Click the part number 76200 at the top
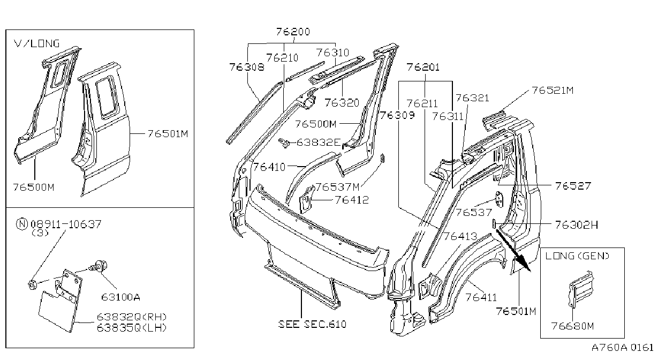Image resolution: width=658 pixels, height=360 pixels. [x=293, y=32]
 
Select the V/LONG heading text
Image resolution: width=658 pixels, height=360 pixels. [x=37, y=43]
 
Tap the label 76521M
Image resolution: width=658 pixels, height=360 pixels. [x=553, y=90]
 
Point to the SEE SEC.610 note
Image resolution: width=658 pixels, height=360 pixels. [x=312, y=324]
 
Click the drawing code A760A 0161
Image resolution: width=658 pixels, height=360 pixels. [x=622, y=348]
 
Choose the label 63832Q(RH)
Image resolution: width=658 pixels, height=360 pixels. [x=132, y=317]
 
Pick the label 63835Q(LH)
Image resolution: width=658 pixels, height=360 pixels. [x=132, y=327]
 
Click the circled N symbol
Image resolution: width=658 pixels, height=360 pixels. [x=22, y=224]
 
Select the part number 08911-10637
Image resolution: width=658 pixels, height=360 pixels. [x=66, y=224]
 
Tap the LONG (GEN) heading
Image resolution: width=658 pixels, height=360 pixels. [x=577, y=256]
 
